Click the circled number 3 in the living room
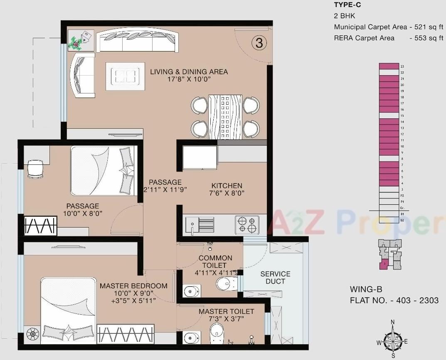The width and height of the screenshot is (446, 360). click(x=259, y=43)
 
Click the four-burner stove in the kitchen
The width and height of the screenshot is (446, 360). click(x=247, y=225)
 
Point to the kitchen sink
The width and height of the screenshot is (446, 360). click(x=200, y=225)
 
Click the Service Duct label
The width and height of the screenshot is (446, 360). click(x=275, y=277)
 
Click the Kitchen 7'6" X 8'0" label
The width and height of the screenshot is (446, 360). click(x=227, y=189)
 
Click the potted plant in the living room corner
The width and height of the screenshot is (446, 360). click(x=76, y=42)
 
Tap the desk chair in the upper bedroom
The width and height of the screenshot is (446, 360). click(x=35, y=169)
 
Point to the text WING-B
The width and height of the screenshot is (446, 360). click(x=366, y=289)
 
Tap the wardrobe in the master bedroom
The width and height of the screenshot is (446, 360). click(x=125, y=333)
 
